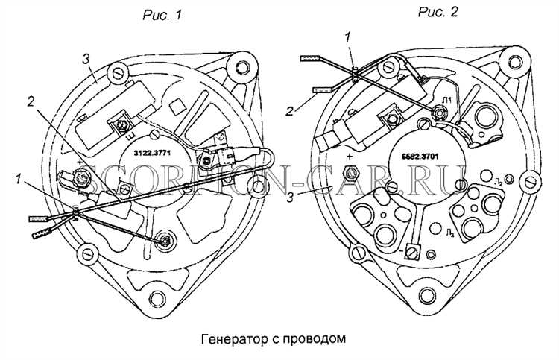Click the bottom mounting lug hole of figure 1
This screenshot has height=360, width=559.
tap(157, 300)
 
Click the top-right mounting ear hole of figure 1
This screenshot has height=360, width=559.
tap(242, 66)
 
